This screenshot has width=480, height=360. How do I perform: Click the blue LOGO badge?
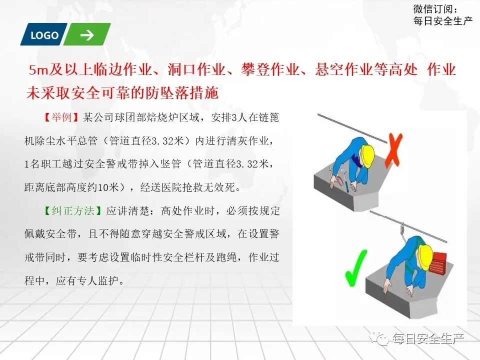(44, 35)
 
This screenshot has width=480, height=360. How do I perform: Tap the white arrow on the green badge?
(87, 35)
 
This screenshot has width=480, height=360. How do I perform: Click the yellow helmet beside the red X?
(367, 155)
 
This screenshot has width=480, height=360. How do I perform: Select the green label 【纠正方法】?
(72, 210)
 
